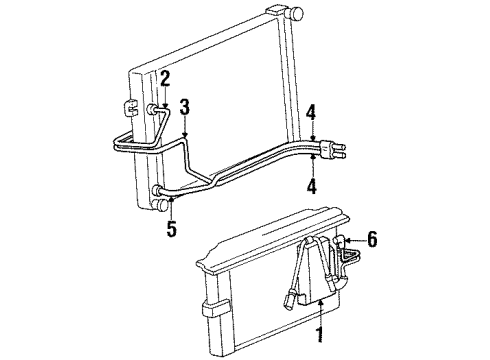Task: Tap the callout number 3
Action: pyautogui.click(x=184, y=105)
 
